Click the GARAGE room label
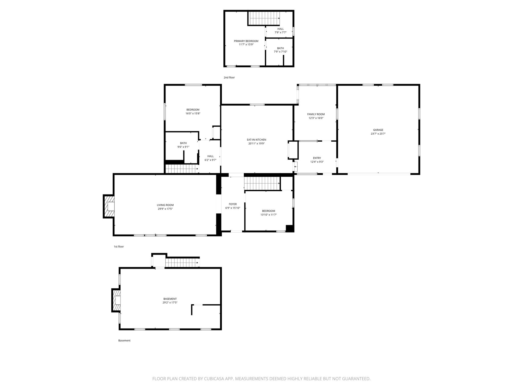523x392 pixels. (x=378, y=130)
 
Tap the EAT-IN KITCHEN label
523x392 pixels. (x=256, y=140)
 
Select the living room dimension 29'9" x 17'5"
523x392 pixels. (x=165, y=209)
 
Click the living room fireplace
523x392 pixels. (x=109, y=206)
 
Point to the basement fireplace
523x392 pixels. (x=116, y=300)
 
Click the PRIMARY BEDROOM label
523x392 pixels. (x=246, y=41)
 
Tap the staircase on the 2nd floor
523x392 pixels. (x=264, y=18)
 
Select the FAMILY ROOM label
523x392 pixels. (x=316, y=114)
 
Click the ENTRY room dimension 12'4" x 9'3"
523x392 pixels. (x=317, y=162)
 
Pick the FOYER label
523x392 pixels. (x=233, y=204)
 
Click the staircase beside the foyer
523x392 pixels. (x=262, y=183)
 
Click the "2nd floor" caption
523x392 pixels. (x=229, y=78)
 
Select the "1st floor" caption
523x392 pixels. (x=119, y=247)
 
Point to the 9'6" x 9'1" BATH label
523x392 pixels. (x=183, y=143)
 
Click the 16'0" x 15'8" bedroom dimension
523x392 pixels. (x=193, y=114)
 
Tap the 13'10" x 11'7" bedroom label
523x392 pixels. (x=268, y=211)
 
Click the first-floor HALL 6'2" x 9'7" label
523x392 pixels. (x=210, y=156)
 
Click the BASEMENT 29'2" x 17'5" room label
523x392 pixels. (x=170, y=299)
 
